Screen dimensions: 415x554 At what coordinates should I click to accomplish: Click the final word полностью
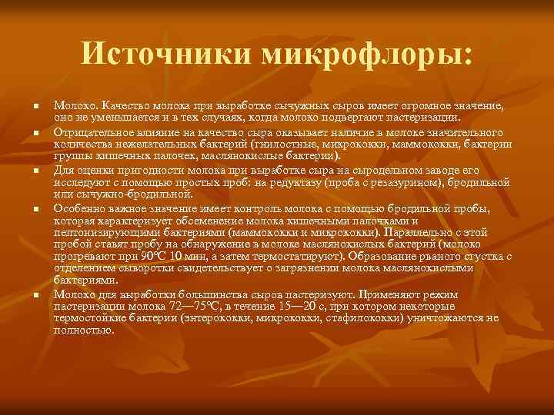(x=83, y=330)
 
